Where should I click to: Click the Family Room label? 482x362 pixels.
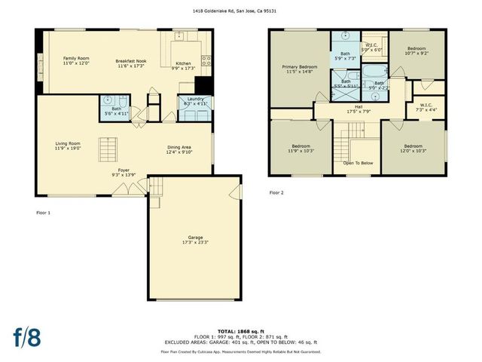coord(76,58)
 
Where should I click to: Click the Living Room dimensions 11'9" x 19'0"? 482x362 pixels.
coord(67,149)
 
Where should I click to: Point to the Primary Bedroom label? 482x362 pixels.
coord(299,67)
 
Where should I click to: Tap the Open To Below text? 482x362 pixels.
coord(358,163)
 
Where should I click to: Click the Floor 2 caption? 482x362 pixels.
coord(276,192)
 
